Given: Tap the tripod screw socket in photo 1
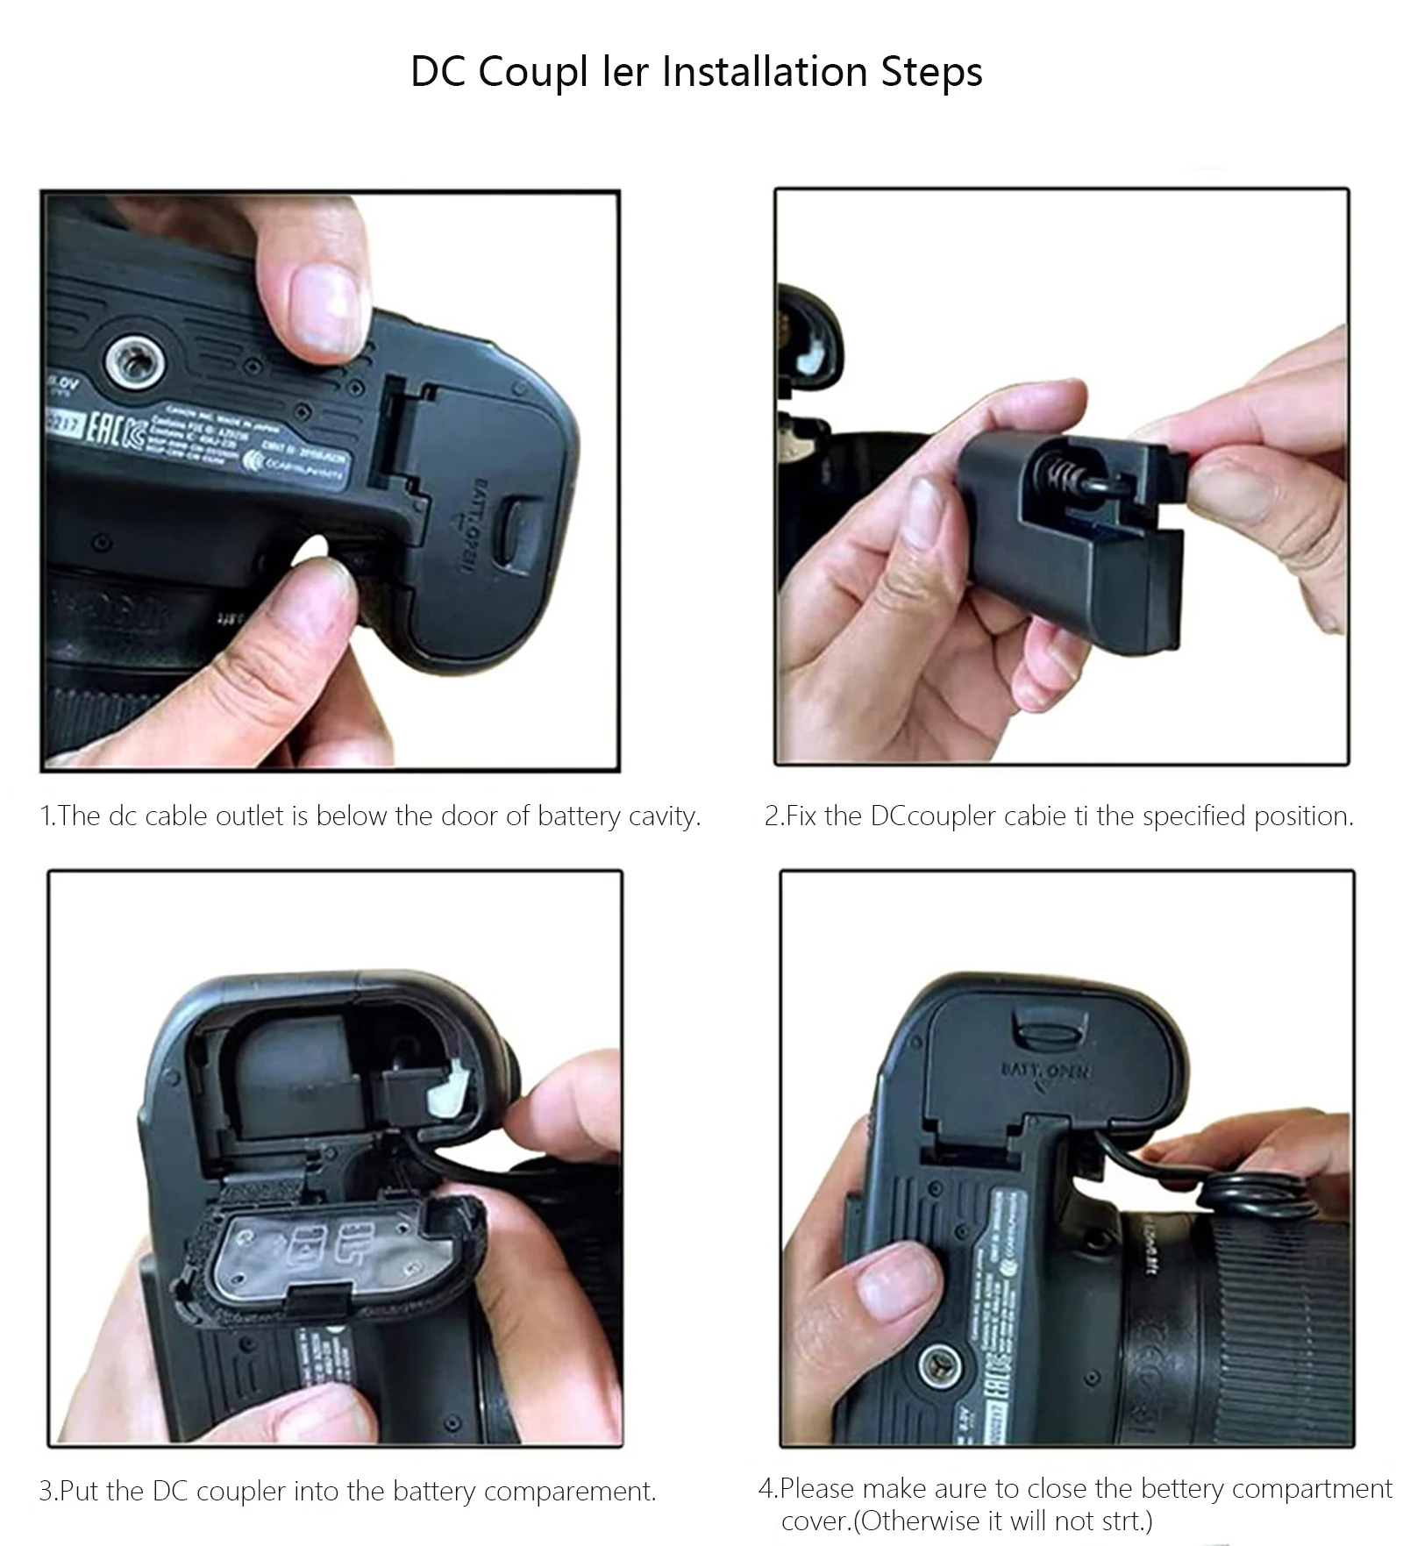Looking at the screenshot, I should coord(132,361).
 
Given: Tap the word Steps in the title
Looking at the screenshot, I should coord(931,72).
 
